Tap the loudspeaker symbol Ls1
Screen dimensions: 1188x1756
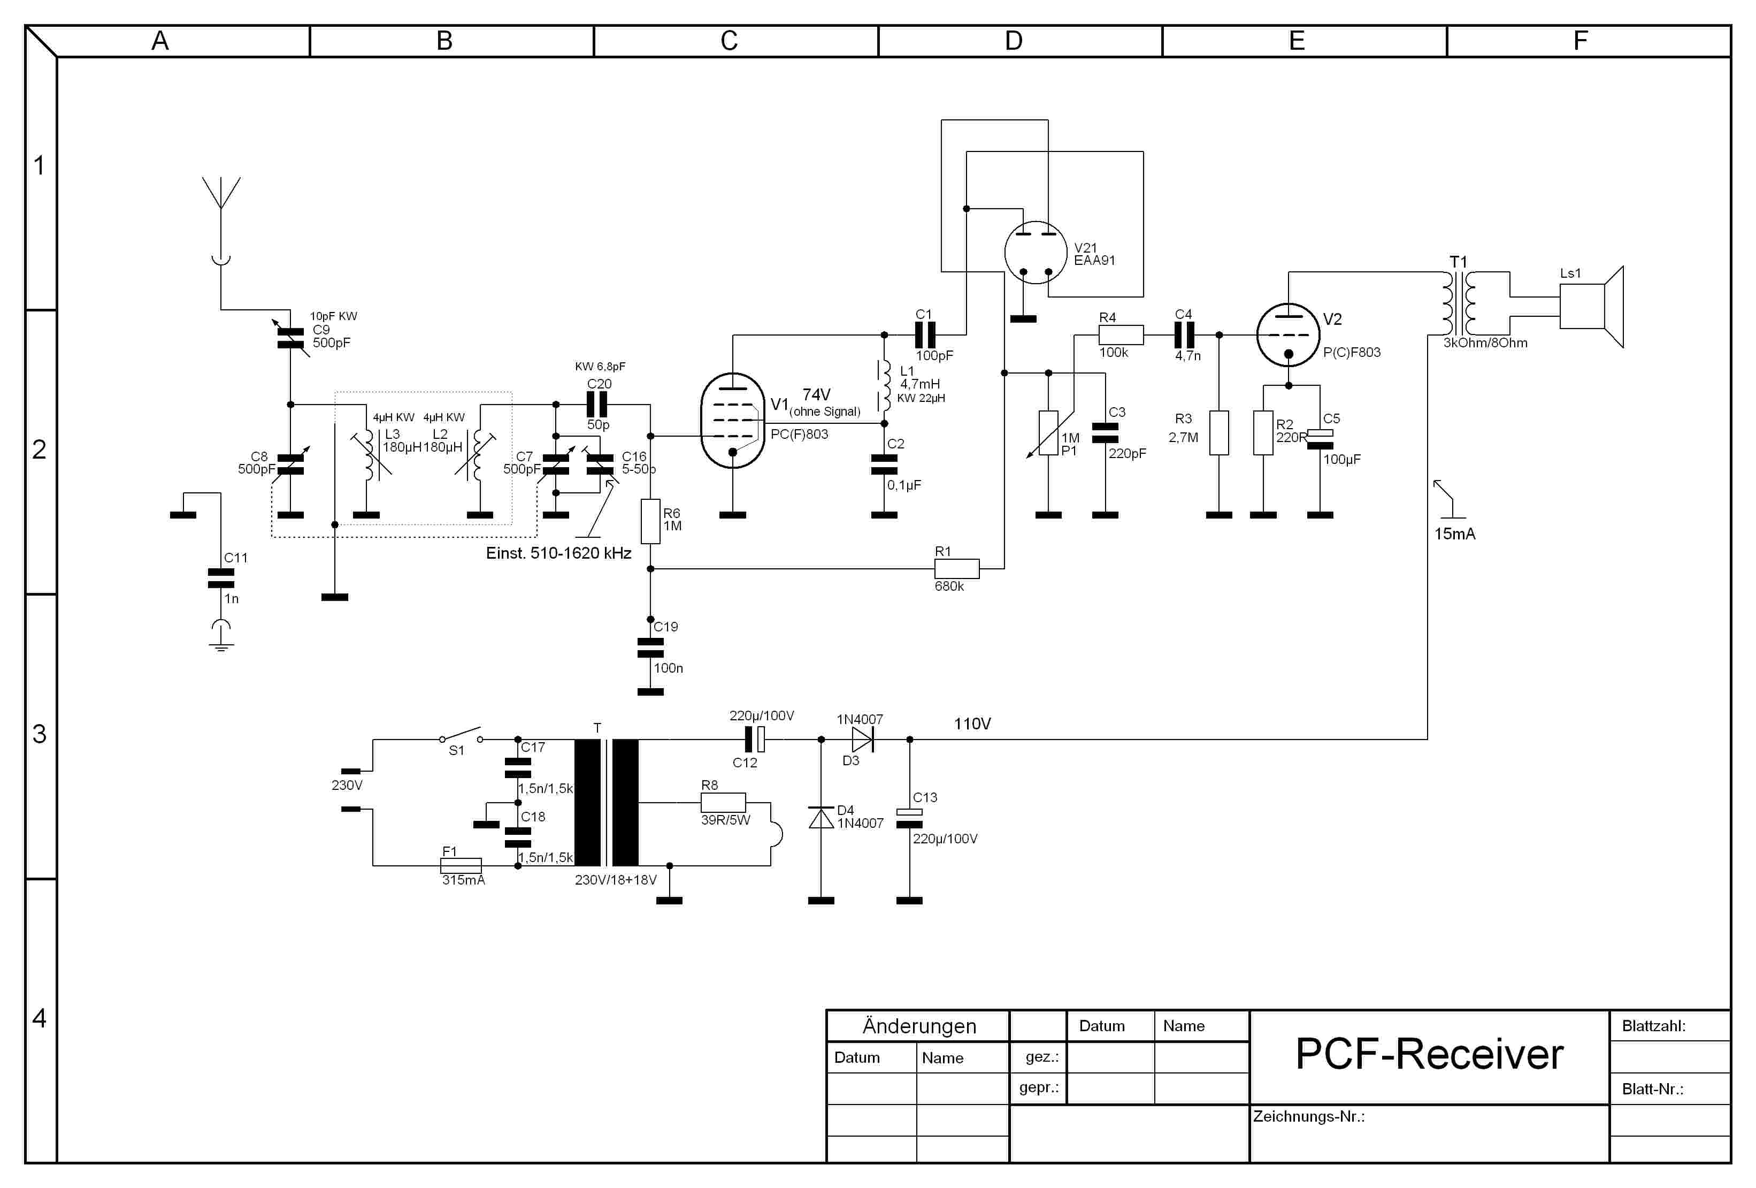(1591, 306)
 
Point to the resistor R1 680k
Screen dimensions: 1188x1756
(956, 568)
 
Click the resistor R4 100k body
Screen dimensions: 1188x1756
(1121, 335)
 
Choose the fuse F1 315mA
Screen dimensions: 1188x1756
(461, 865)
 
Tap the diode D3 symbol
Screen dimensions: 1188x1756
(862, 739)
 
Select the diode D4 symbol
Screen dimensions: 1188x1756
(822, 818)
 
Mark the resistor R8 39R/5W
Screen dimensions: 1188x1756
(723, 803)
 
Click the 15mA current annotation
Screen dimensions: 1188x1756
(1454, 534)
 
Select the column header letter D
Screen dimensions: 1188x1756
(1013, 41)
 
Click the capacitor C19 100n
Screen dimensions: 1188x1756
(650, 648)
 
